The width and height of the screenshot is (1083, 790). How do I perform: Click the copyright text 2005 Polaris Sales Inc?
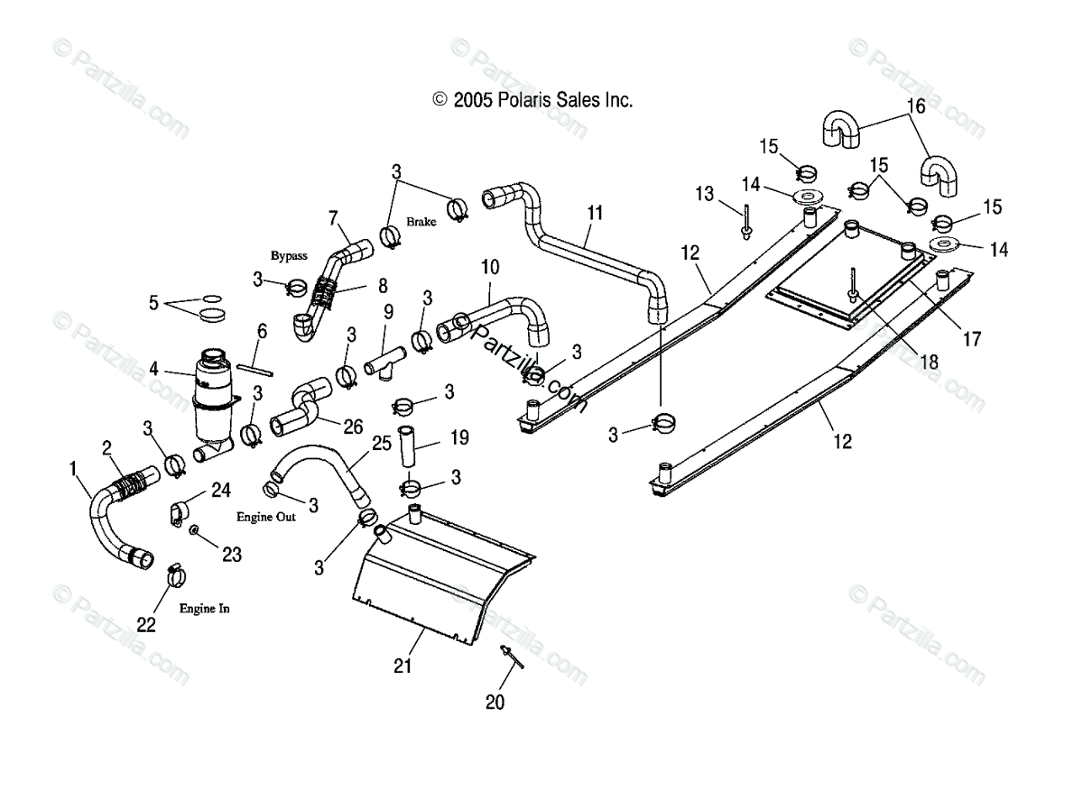tap(532, 100)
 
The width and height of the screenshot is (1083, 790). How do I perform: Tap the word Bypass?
tap(289, 255)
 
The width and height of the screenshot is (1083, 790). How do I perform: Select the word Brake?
tap(421, 222)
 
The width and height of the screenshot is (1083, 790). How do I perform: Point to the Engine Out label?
tap(266, 517)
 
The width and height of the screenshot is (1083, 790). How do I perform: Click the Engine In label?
tap(205, 609)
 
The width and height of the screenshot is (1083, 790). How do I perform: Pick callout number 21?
tap(403, 666)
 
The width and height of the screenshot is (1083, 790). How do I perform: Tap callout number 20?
tap(495, 702)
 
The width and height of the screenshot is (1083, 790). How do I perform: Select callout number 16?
tap(916, 106)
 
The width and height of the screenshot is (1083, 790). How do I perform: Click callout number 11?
tap(595, 213)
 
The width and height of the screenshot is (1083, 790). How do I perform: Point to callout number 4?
tap(153, 369)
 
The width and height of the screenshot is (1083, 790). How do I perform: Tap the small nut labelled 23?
tap(193, 530)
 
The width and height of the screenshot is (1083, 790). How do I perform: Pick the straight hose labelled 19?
tap(406, 446)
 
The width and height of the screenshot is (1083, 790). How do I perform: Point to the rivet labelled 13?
tap(746, 223)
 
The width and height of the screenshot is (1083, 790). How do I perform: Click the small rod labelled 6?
tap(255, 370)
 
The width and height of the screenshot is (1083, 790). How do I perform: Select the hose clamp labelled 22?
tap(176, 575)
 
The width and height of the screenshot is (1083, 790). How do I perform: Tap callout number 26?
tap(353, 427)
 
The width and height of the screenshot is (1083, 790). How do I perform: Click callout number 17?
tap(972, 339)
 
